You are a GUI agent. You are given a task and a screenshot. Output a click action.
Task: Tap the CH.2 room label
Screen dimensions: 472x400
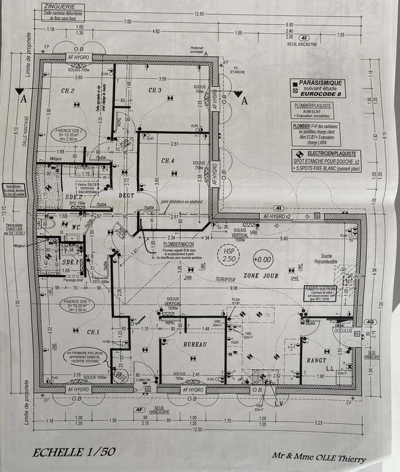click(x=67, y=91)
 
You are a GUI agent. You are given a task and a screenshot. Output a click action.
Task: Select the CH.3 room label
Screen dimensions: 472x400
click(x=155, y=90)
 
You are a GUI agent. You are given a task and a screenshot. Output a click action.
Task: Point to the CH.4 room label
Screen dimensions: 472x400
click(x=168, y=160)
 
